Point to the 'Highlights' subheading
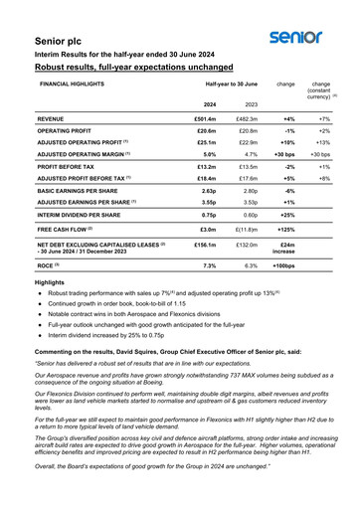(x=49, y=283)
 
